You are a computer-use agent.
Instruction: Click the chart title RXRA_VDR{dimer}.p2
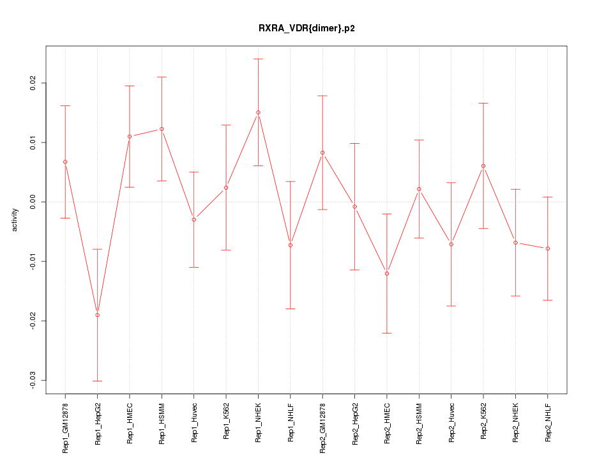306,28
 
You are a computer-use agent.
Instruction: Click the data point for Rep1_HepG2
97,315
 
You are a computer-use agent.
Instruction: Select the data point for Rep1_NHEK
258,112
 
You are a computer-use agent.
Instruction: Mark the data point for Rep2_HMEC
387,273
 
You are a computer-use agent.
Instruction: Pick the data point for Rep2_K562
483,166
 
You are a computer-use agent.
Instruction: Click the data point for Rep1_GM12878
65,162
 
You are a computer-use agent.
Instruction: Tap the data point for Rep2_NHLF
547,249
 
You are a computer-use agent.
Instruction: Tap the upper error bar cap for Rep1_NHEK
258,59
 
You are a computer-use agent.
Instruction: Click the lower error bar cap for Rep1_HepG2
97,381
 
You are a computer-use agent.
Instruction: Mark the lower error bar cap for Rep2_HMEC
387,333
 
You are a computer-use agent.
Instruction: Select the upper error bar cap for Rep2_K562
483,103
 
